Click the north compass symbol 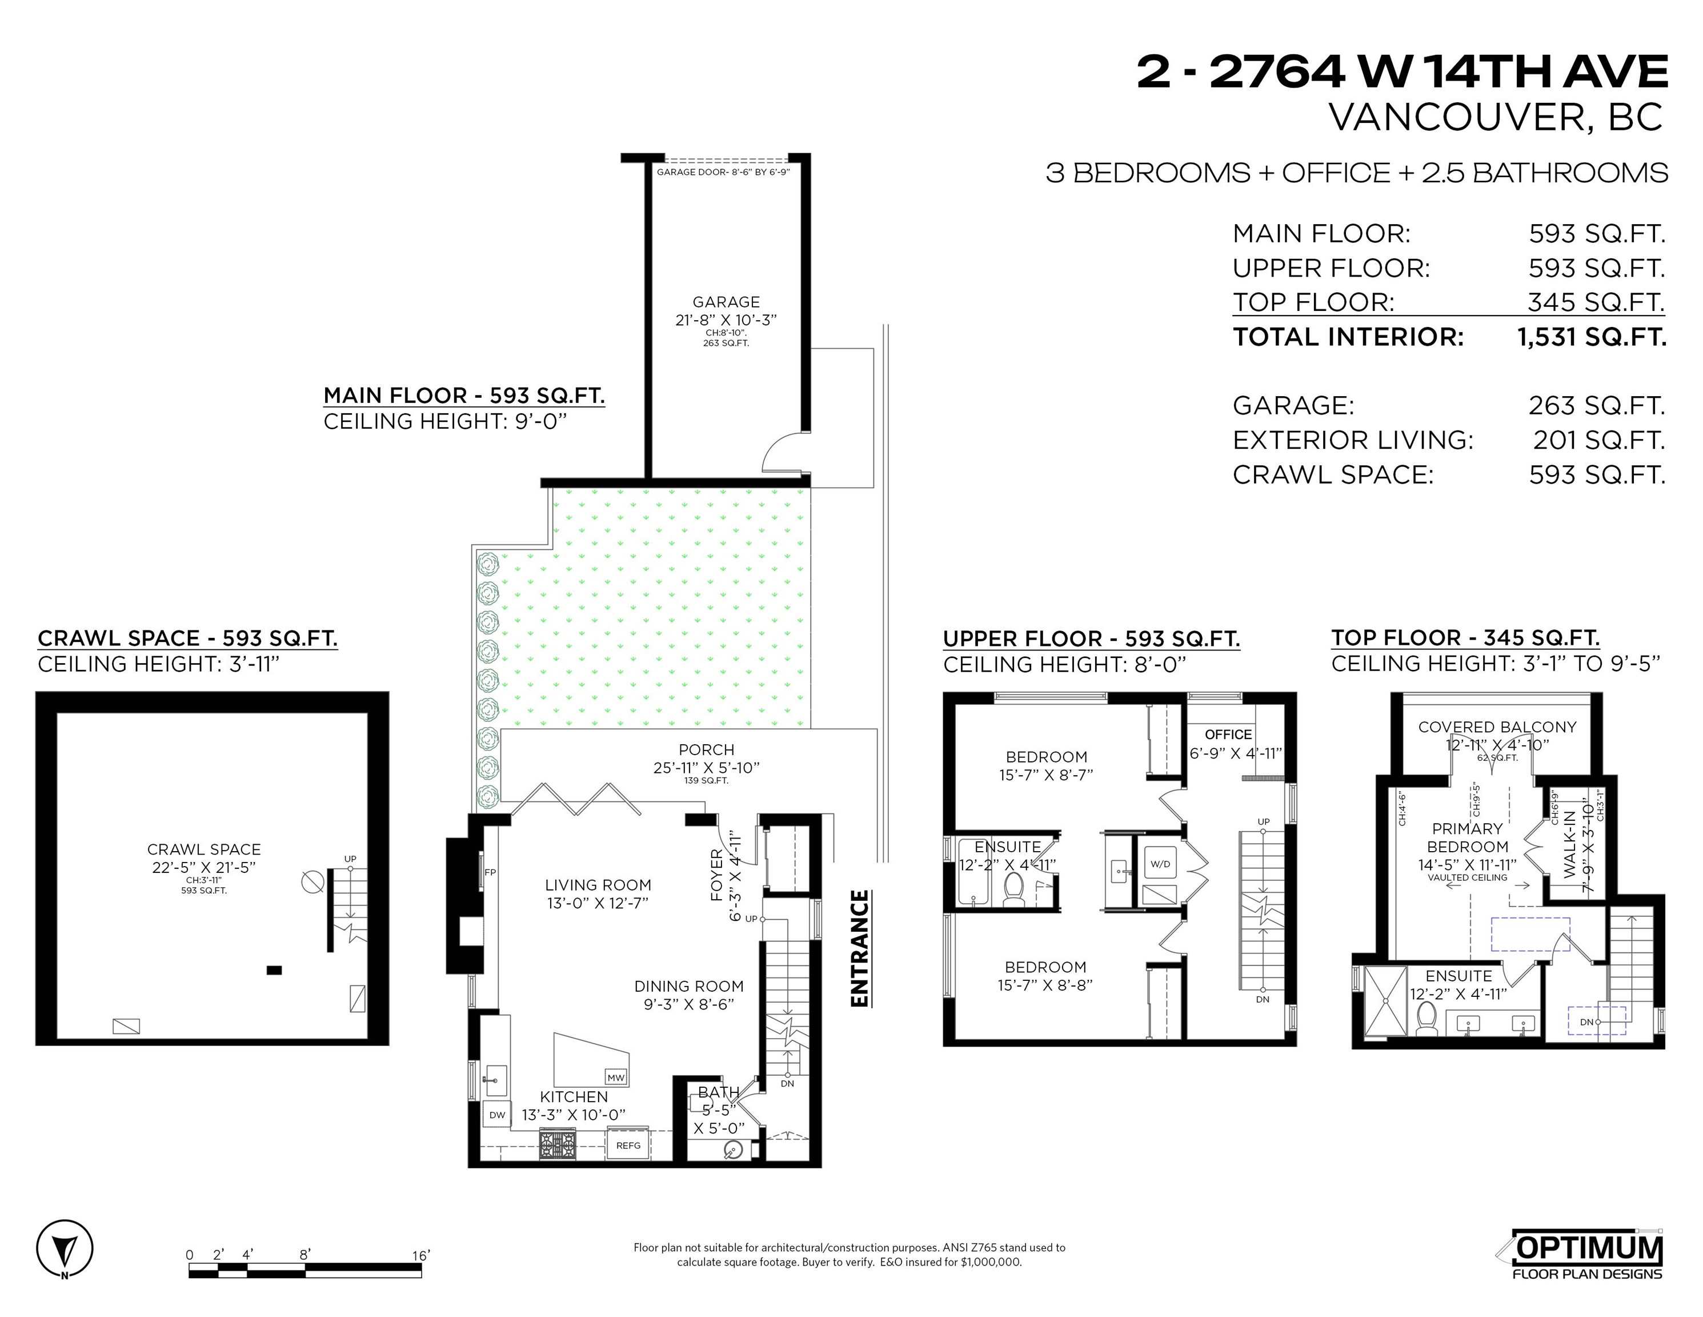(65, 1249)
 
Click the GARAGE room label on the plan (726, 302)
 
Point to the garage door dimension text (723, 171)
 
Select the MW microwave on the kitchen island (616, 1077)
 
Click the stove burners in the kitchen (558, 1144)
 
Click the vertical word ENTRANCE (859, 949)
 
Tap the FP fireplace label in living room (491, 872)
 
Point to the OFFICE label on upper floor (1228, 734)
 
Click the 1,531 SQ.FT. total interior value (1592, 337)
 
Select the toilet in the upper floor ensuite (1013, 889)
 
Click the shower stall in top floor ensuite (1385, 1001)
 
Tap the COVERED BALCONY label (1497, 727)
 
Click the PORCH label (707, 750)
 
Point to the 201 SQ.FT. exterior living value (1598, 440)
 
